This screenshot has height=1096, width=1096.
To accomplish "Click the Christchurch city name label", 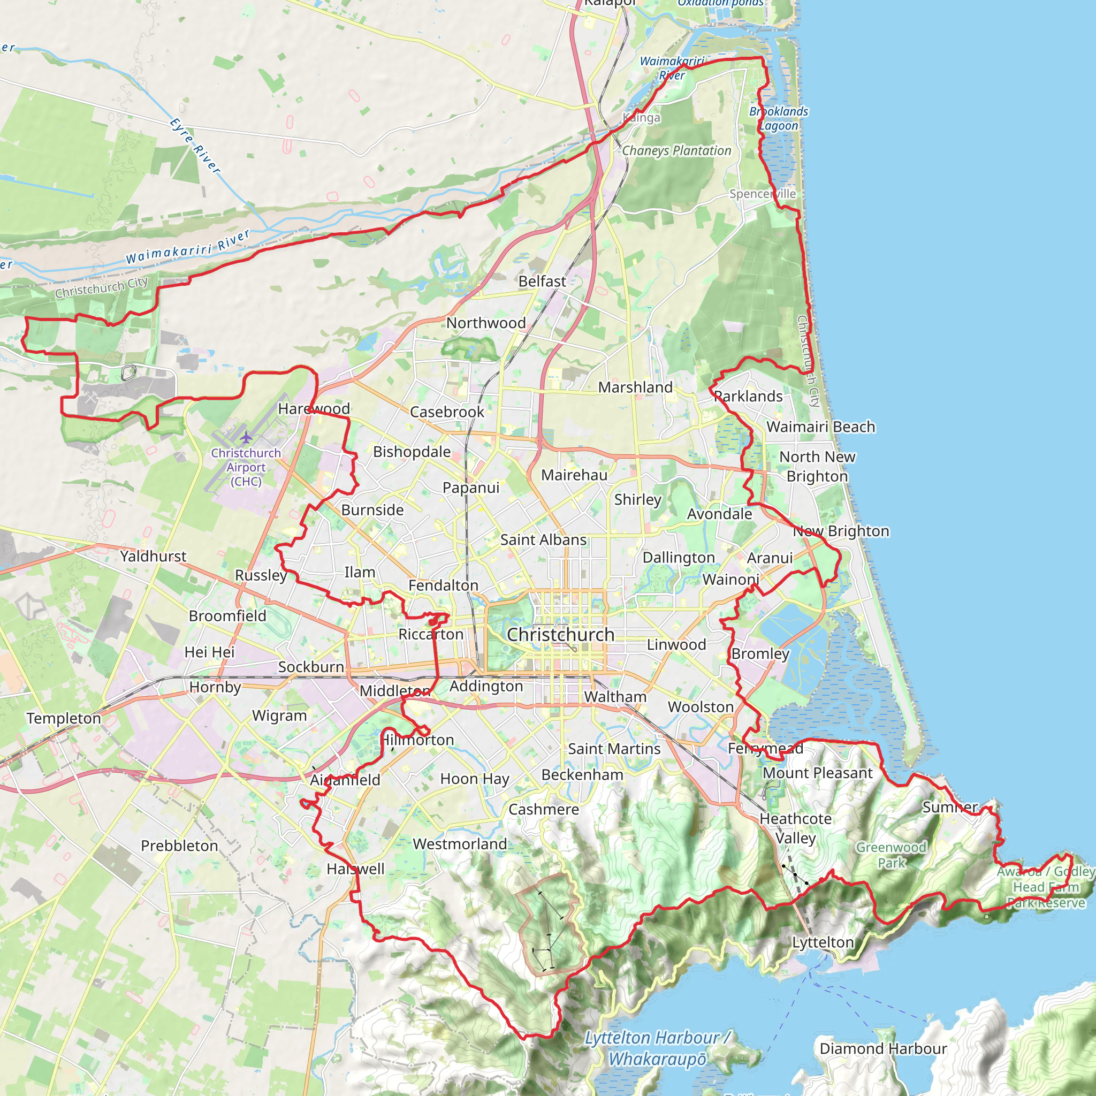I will [560, 634].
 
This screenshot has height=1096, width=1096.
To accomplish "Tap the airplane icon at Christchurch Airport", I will [246, 437].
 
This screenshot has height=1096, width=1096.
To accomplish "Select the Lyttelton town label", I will [823, 942].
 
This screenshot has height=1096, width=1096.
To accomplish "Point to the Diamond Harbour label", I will [883, 1048].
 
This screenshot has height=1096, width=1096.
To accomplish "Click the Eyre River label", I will [195, 146].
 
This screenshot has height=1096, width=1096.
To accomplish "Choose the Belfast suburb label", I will [542, 281].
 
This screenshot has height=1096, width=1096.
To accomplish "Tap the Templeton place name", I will [64, 718].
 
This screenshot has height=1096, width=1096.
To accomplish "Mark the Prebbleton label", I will [179, 846].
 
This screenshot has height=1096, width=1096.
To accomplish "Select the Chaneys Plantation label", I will [677, 151].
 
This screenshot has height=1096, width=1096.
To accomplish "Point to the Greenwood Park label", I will [891, 855].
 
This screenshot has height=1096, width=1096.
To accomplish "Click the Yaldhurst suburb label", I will [153, 556].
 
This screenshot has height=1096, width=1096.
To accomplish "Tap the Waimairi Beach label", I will [821, 427].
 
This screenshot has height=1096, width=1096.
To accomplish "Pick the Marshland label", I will [635, 387].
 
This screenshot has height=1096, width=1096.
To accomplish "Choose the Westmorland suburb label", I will [460, 844].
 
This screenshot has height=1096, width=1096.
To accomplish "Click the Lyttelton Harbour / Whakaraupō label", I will [658, 1048].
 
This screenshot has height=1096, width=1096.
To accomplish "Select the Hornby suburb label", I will [215, 687].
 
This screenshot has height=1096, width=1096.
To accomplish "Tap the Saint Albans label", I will [544, 539].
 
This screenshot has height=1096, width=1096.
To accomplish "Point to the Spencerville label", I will [763, 194].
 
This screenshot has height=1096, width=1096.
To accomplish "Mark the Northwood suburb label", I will [486, 323].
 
